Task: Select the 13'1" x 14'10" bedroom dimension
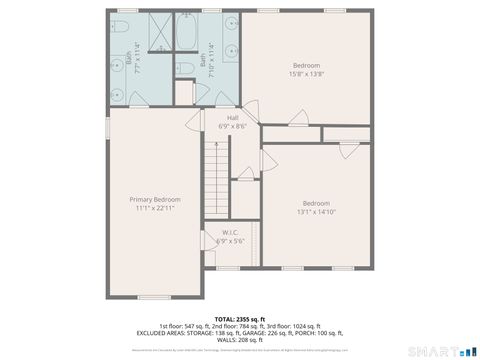click(x=316, y=211)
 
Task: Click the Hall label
click(x=231, y=118)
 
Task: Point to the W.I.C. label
click(x=229, y=233)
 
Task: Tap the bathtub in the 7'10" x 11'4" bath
click(x=187, y=32)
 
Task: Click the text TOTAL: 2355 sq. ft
click(x=240, y=319)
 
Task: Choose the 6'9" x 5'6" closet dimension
click(x=230, y=241)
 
